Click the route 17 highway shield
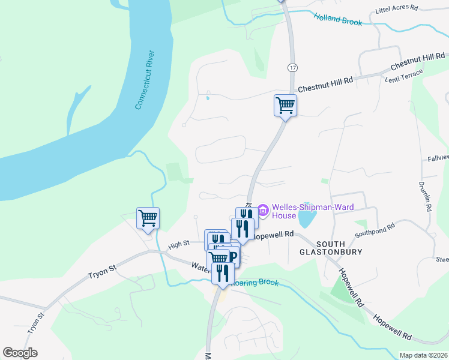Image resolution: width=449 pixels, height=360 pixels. (292, 68)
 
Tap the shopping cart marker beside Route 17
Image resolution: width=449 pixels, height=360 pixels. (286, 106)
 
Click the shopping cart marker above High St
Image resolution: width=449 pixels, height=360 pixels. (148, 218)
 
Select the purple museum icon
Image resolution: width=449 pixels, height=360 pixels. (263, 210)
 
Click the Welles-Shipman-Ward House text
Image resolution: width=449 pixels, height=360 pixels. (312, 212)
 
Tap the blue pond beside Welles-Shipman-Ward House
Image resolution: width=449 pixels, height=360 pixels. (306, 218)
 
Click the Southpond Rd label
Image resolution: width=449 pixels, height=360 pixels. (375, 228)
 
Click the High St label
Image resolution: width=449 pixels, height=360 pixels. (179, 244)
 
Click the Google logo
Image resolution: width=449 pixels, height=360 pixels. (20, 353)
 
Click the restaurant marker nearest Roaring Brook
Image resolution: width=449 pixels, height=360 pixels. (223, 273)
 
